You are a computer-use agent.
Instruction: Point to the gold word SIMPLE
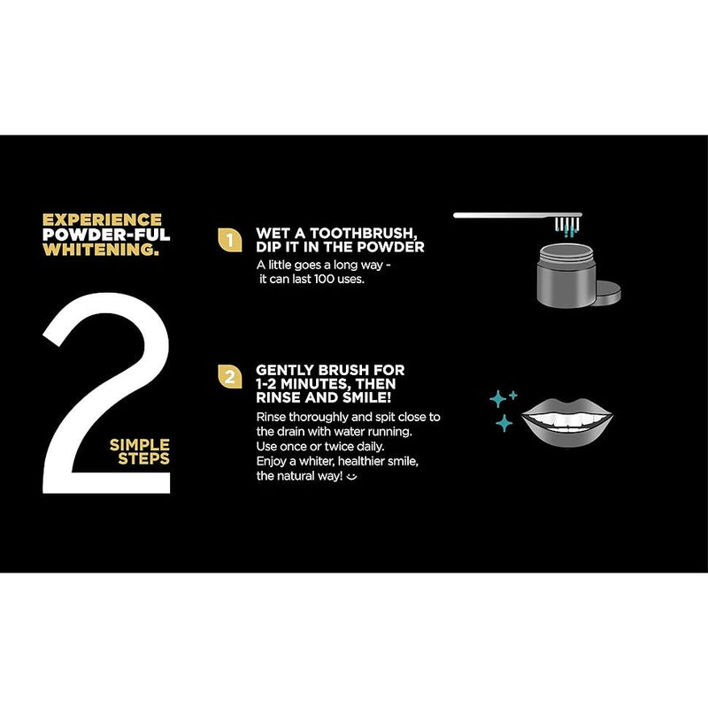tap(140, 443)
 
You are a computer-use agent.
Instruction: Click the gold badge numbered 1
tap(229, 240)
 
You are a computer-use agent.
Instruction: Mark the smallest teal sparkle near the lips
tap(514, 395)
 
